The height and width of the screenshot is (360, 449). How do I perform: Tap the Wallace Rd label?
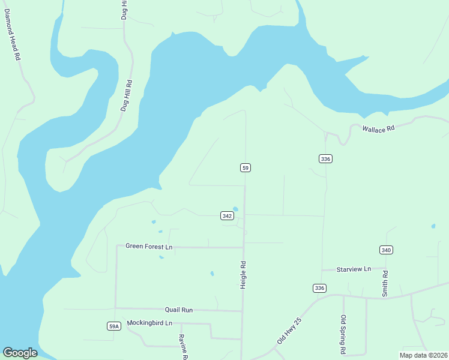pyautogui.click(x=378, y=128)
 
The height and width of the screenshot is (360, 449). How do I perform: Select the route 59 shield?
pyautogui.click(x=245, y=167)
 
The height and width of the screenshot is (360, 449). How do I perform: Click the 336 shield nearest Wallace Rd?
pyautogui.click(x=325, y=158)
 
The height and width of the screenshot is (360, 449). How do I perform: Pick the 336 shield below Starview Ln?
pyautogui.click(x=319, y=288)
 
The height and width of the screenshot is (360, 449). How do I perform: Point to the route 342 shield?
pyautogui.click(x=226, y=216)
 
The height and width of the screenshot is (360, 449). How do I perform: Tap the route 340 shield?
pyautogui.click(x=386, y=250)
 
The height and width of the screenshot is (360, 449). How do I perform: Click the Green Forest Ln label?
pyautogui.click(x=149, y=247)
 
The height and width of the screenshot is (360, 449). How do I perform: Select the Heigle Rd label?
pyautogui.click(x=244, y=275)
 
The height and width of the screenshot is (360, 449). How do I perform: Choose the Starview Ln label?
pyautogui.click(x=354, y=269)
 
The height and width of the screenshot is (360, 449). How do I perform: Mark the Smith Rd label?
pyautogui.click(x=385, y=284)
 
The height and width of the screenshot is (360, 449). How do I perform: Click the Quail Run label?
pyautogui.click(x=179, y=310)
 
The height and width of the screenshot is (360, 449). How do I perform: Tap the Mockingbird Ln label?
pyautogui.click(x=149, y=323)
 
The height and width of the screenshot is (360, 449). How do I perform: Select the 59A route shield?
pyautogui.click(x=114, y=326)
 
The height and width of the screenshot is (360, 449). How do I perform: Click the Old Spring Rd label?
pyautogui.click(x=343, y=334)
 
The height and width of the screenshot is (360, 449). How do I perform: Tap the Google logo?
pyautogui.click(x=20, y=353)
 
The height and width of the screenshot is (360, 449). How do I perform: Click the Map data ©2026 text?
pyautogui.click(x=423, y=355)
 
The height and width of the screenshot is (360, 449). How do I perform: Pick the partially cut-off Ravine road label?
pyautogui.click(x=182, y=347)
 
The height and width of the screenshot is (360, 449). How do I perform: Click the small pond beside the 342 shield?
pyautogui.click(x=235, y=209)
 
